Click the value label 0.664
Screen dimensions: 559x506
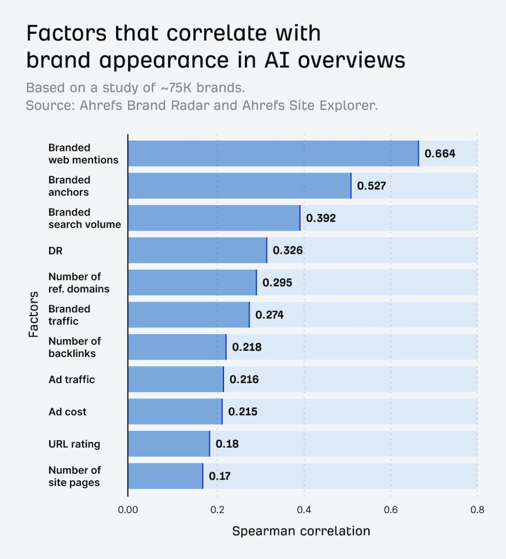(x=440, y=153)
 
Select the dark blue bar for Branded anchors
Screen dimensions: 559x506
(x=239, y=186)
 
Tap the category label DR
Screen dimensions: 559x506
(x=55, y=251)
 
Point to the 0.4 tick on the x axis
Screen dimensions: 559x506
(x=304, y=510)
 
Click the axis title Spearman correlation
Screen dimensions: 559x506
(x=301, y=531)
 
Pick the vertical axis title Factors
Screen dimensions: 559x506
(x=34, y=314)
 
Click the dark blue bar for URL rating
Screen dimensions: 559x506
(x=169, y=444)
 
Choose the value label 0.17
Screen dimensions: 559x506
(x=220, y=476)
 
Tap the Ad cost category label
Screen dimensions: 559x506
(x=67, y=412)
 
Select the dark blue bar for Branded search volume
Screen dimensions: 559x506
(x=214, y=218)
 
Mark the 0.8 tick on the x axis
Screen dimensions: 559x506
(x=477, y=510)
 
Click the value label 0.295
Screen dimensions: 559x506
(x=277, y=283)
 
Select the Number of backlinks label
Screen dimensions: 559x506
(x=74, y=347)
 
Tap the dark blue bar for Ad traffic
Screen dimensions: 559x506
(x=175, y=379)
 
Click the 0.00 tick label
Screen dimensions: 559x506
(x=128, y=510)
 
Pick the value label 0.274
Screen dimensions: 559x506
(x=269, y=315)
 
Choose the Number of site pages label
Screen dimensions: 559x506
(x=74, y=476)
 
